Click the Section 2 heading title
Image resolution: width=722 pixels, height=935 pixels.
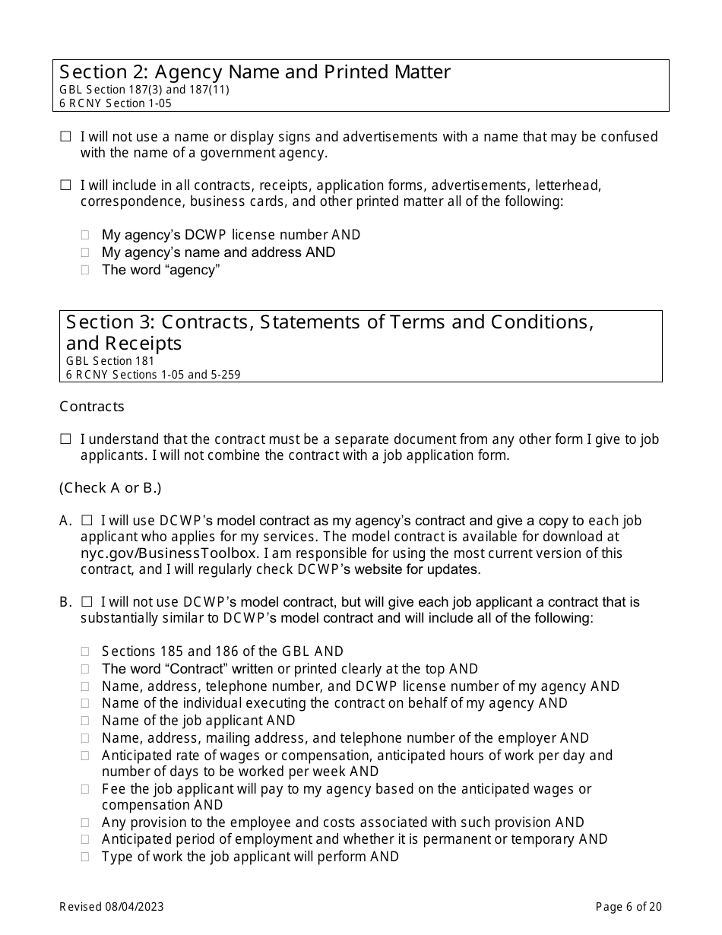pos(255,72)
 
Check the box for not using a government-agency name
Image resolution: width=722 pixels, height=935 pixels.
pos(65,137)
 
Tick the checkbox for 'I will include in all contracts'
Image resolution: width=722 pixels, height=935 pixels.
pos(65,185)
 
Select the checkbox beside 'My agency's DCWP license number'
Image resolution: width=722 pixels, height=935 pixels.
pos(85,236)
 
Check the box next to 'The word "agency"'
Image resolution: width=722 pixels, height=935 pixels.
pos(85,270)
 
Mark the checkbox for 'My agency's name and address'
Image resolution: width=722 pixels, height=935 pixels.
pos(85,252)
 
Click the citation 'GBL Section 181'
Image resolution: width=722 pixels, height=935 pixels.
pos(109,361)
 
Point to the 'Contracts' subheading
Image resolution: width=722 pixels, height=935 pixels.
pos(92,407)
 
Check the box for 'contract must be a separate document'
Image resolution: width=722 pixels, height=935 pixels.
pos(65,439)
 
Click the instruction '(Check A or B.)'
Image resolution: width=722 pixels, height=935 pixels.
pos(110,488)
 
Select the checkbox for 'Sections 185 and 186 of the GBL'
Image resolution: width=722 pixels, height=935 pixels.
pos(85,651)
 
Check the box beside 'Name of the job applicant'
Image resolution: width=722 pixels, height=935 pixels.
pos(85,721)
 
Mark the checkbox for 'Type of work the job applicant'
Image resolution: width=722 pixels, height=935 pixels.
pos(85,857)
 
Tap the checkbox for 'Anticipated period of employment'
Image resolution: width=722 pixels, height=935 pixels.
pos(85,839)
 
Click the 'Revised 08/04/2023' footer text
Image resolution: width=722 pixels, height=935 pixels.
pos(112,906)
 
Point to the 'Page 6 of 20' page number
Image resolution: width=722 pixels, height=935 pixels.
pos(629,906)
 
